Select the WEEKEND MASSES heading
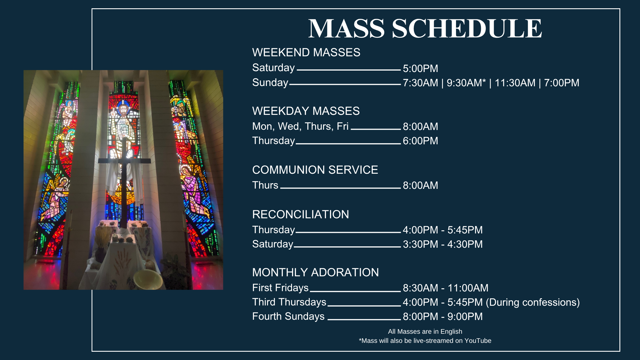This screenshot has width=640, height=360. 306,53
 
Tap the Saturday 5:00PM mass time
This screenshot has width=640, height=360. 420,69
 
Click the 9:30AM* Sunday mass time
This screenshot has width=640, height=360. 466,83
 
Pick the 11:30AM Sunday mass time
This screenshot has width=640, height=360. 515,83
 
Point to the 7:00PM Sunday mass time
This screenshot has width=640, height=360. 561,83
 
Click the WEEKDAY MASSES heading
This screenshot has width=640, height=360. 306,111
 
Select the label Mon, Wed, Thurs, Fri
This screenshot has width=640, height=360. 300,126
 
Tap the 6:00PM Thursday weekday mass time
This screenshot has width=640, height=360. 420,141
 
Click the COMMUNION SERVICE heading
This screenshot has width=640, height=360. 315,170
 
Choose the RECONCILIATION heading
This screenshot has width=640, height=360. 301,215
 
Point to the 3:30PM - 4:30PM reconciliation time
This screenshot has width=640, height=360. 443,244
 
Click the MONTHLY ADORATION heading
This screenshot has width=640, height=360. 315,273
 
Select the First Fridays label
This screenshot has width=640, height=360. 280,288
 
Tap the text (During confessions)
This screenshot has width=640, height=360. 533,302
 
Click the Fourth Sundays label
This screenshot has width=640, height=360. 288,316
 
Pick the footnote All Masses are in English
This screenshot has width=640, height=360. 425,331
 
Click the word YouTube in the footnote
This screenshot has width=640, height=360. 478,341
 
